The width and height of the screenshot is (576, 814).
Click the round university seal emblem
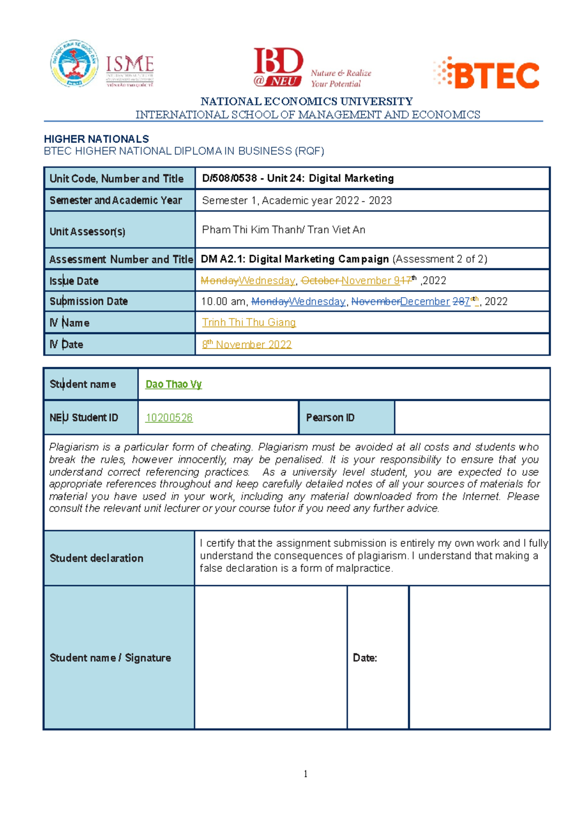[74, 64]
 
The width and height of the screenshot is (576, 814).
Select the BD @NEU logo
[278, 68]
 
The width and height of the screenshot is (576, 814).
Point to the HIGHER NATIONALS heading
[96, 139]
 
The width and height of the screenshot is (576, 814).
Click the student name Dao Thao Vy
[173, 384]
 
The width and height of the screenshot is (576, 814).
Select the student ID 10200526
[169, 418]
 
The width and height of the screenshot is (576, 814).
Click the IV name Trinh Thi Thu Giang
[249, 323]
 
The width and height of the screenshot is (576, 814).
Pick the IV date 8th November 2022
[247, 344]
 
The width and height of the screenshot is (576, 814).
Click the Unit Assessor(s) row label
[87, 232]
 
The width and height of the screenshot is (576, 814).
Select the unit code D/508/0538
[229, 178]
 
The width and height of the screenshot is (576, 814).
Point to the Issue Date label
[74, 281]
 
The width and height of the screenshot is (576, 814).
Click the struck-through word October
[320, 281]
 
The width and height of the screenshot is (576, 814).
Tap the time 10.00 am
[223, 302]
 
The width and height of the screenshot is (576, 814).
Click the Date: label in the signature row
[365, 658]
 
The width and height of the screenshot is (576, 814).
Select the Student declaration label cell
[96, 558]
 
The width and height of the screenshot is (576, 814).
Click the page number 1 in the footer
[305, 773]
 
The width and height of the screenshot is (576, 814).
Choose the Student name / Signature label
[110, 658]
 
